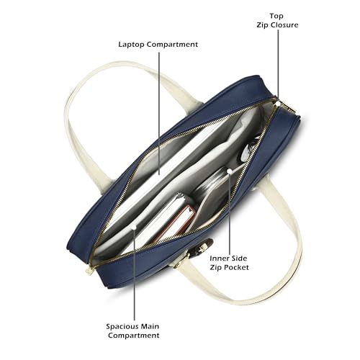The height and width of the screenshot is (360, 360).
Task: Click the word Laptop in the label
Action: [x=131, y=45]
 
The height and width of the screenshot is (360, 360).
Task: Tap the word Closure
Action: [x=283, y=25]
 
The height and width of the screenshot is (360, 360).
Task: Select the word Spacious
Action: [x=122, y=327]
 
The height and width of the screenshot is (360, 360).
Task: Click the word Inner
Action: [x=217, y=258]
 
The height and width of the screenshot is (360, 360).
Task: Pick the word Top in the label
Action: [x=276, y=16]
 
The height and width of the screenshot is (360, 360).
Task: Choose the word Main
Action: [x=150, y=327]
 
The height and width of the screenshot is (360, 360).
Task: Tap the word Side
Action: [x=238, y=258]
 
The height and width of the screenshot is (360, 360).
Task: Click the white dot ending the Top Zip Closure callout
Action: [x=278, y=104]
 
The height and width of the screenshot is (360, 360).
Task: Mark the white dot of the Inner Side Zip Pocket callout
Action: [x=230, y=171]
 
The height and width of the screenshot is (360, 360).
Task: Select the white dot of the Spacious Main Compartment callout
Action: [x=135, y=227]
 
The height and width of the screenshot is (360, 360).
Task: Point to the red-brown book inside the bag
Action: [x=175, y=223]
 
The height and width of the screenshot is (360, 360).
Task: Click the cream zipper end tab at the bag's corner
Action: [x=89, y=271]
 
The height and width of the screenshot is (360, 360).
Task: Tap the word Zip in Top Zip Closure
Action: [x=261, y=25]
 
